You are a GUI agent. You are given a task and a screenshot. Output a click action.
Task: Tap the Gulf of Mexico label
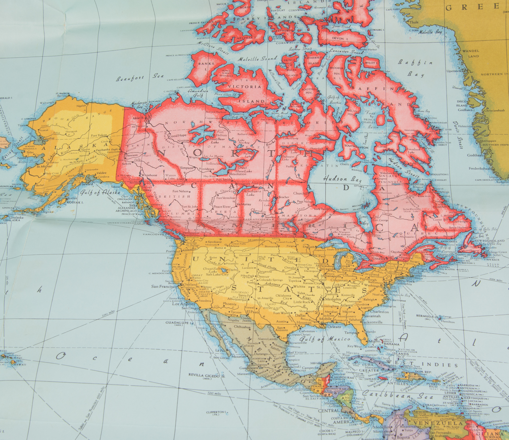(x=324, y=339)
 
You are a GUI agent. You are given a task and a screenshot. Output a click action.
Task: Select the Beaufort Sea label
(x=140, y=77)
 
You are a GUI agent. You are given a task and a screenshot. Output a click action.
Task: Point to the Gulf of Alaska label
(x=98, y=193)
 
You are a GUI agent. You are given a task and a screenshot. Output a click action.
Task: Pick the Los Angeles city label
(x=182, y=304)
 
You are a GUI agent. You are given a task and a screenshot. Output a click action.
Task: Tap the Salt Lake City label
(x=217, y=274)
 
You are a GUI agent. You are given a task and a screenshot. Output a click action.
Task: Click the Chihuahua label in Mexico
(x=242, y=327)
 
